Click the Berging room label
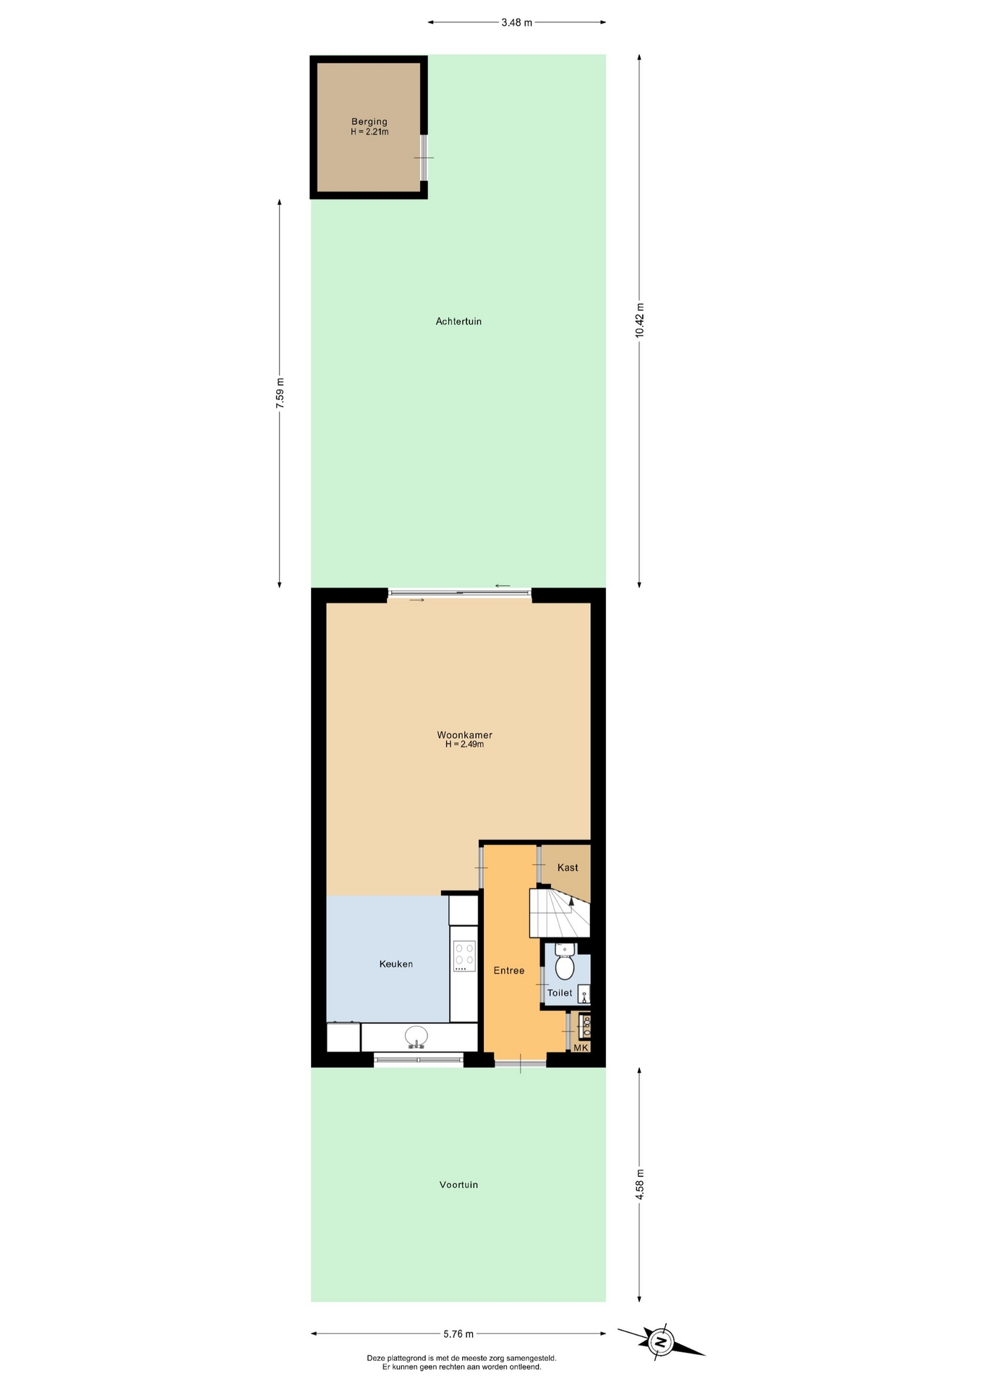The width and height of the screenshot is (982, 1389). click(370, 122)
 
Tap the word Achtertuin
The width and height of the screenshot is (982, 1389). click(458, 321)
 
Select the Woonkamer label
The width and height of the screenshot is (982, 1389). click(464, 735)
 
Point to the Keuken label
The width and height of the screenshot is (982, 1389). click(396, 964)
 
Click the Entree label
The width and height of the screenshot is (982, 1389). click(509, 970)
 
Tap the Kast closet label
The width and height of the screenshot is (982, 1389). click(568, 867)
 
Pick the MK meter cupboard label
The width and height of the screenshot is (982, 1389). click(581, 1047)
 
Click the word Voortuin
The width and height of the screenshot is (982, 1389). click(458, 1184)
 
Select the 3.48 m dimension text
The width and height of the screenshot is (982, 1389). click(516, 22)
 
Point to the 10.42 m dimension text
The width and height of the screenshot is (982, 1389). click(639, 320)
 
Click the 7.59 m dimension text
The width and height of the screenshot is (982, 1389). click(280, 393)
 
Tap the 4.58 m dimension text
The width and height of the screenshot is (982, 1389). click(639, 1184)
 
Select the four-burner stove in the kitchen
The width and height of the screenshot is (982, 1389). click(464, 956)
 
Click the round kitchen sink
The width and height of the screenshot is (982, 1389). click(416, 1037)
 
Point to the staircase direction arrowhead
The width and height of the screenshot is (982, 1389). click(571, 900)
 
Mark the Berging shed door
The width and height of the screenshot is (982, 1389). click(424, 158)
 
